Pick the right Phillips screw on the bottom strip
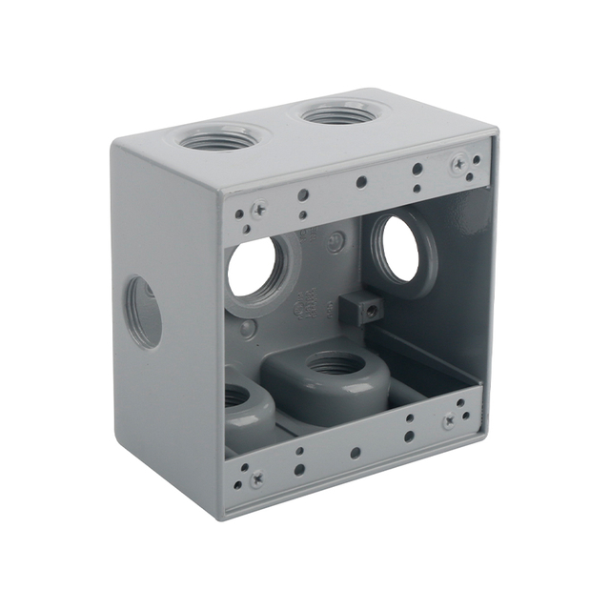coord(448,420)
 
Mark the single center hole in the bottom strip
coord(355,452)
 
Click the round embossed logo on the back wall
coord(335,242)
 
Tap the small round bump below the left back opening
coord(248,329)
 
